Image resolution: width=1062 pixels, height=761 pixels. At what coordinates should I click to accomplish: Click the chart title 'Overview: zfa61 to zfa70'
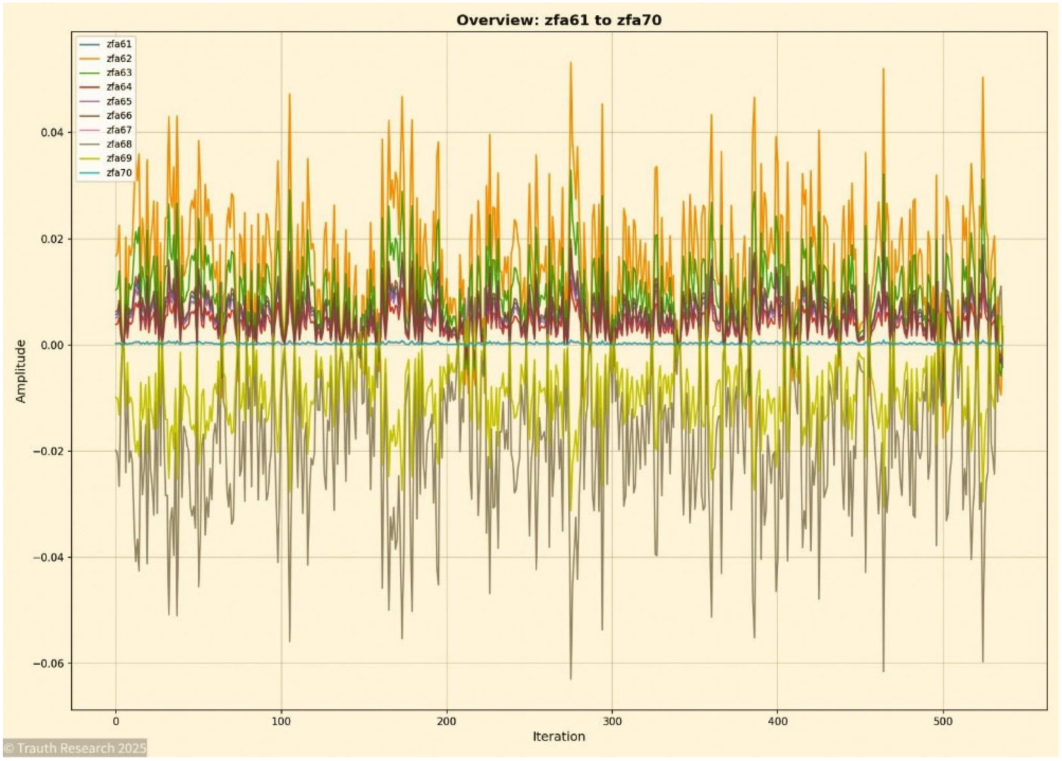[559, 20]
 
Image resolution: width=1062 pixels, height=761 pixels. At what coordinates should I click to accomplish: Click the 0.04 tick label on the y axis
[52, 132]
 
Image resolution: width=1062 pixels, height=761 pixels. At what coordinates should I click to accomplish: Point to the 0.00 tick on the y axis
[52, 346]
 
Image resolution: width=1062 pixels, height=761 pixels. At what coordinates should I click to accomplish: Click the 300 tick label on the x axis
[612, 722]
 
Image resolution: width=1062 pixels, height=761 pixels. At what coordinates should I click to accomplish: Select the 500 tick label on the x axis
[942, 722]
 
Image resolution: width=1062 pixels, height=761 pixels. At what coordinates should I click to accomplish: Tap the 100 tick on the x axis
[281, 722]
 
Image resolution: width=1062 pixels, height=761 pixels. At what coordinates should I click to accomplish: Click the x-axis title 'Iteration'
[559, 737]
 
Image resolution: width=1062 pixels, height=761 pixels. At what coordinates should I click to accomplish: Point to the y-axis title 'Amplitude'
[21, 371]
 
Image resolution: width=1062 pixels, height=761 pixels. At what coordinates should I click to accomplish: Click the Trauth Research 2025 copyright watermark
[75, 748]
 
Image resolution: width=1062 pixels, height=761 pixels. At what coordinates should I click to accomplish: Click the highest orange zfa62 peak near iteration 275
[570, 63]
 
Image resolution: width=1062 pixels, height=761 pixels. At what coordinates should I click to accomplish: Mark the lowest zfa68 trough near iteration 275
[570, 679]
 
